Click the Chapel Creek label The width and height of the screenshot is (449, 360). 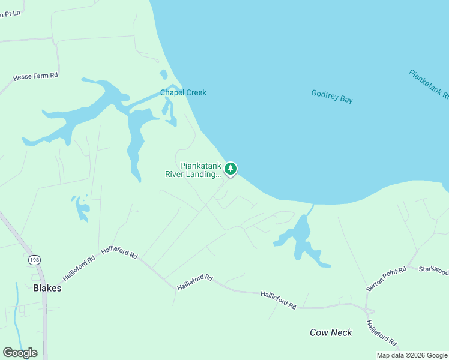point(183,92)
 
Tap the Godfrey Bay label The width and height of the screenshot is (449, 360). point(332,96)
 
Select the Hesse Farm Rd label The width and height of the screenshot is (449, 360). point(36,76)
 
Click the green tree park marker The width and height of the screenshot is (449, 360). point(231,169)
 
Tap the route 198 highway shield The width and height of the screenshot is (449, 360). point(34,260)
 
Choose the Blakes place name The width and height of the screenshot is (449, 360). point(47,288)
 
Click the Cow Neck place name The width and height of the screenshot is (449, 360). point(331,332)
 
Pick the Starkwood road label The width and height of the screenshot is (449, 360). point(433,271)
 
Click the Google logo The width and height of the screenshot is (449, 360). point(20,353)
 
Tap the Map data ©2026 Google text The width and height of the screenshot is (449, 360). point(412,355)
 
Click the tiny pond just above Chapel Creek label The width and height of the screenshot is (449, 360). point(163,75)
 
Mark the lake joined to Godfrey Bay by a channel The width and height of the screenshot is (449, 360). point(300,237)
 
